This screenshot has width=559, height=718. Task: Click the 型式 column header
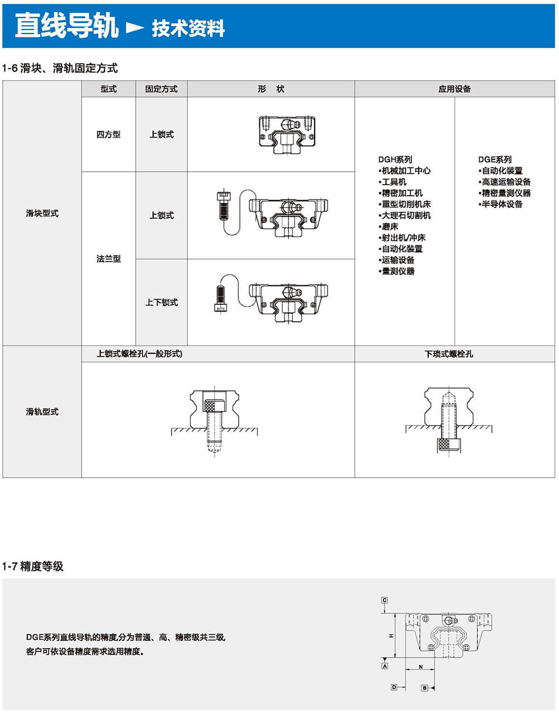108,89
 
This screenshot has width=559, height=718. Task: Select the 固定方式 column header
161,89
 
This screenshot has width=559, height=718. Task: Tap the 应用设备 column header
454,89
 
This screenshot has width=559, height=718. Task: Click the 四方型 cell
108,134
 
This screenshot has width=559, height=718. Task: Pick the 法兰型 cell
108,258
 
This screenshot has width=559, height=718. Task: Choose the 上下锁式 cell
162,302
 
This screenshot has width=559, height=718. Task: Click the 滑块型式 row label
42,213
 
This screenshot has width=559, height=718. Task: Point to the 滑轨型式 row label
42,412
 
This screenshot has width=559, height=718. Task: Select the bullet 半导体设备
501,204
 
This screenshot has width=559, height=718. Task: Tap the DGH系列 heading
395,159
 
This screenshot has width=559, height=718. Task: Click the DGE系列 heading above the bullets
495,159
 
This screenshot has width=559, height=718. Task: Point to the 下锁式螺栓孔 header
448,354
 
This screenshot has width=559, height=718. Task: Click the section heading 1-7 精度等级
33,566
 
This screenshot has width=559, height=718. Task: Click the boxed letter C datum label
385,601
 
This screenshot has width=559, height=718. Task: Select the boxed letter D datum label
394,687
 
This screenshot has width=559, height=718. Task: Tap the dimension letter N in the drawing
420,667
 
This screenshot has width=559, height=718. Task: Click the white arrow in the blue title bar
135,27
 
